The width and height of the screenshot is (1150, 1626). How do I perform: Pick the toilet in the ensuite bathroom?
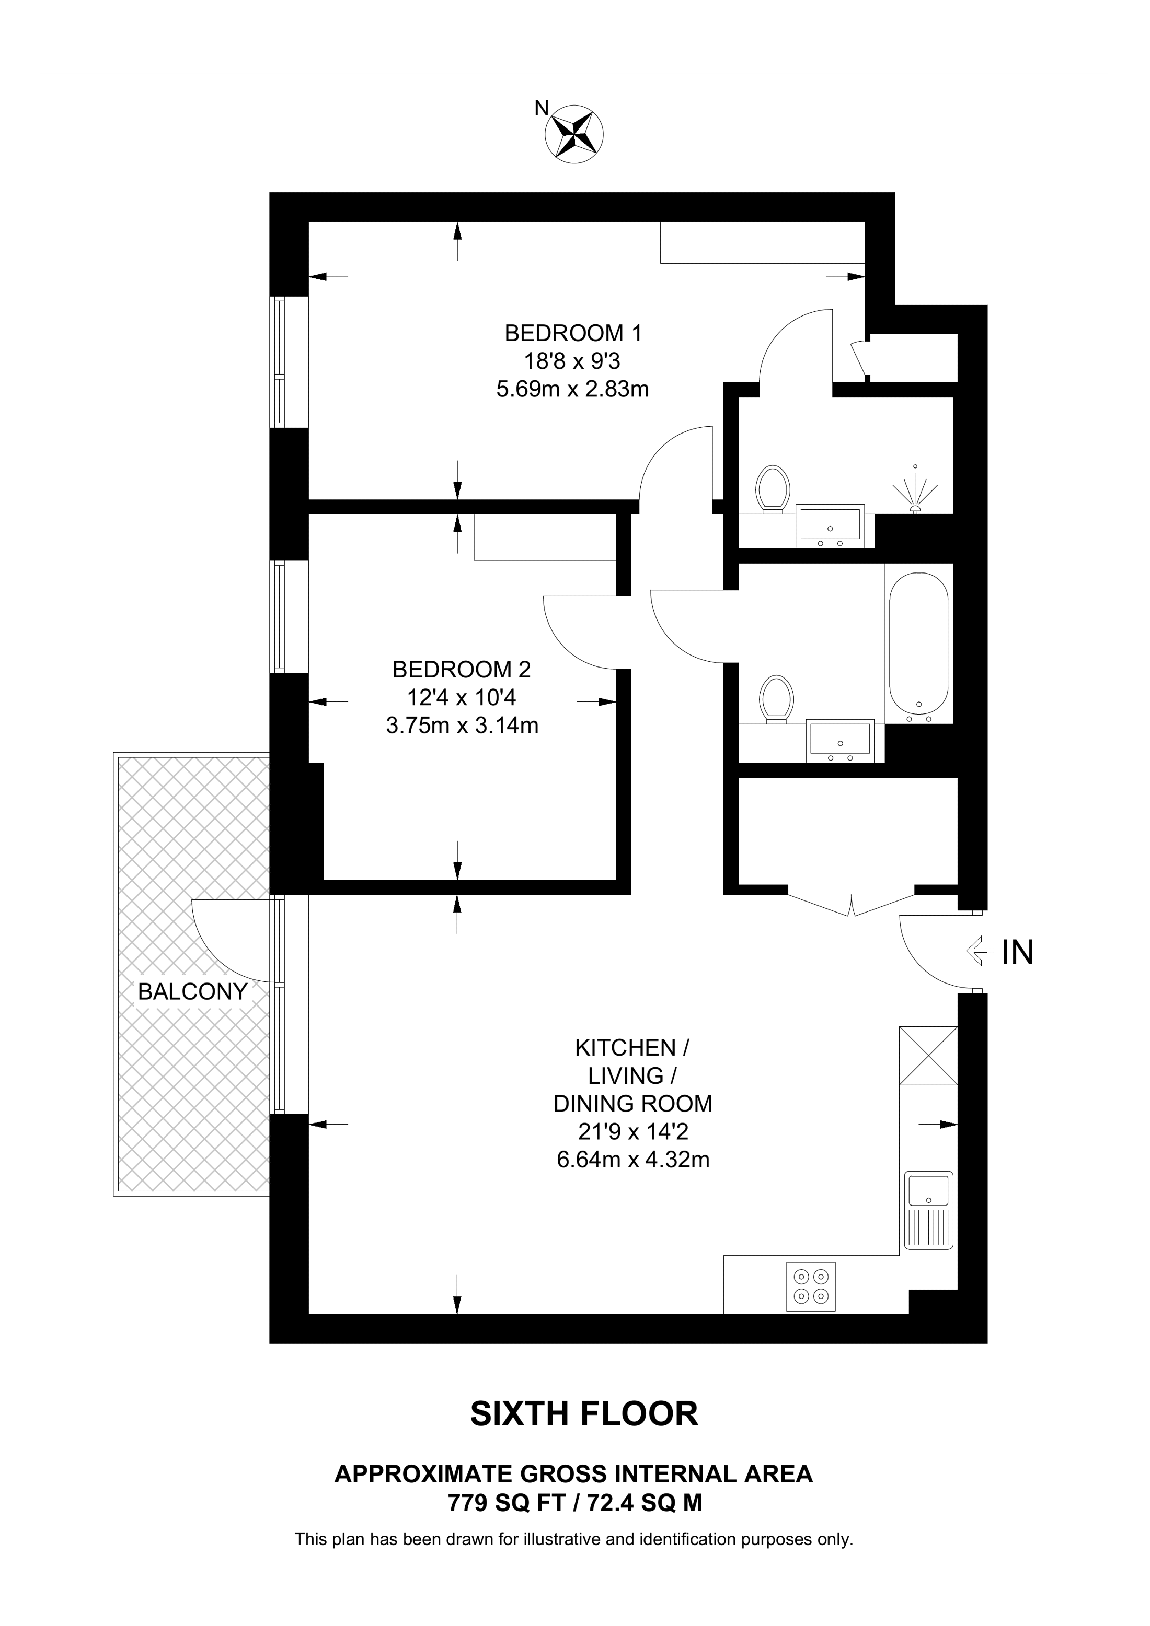click(773, 489)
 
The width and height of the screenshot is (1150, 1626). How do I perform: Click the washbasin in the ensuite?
click(830, 526)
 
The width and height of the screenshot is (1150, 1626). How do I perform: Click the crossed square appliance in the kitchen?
click(928, 1055)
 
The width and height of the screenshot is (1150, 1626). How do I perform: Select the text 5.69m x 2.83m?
click(572, 390)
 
